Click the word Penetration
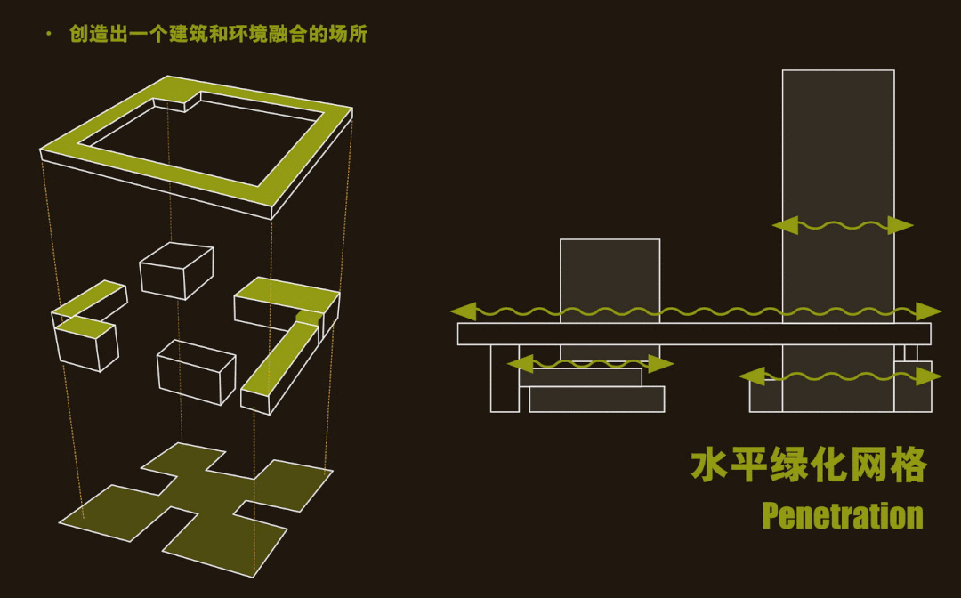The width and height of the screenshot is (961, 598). click(842, 516)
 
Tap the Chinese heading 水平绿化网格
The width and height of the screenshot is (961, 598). click(809, 465)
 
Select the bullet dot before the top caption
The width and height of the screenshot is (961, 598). click(48, 35)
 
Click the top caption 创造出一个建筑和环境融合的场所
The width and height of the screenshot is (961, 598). click(218, 35)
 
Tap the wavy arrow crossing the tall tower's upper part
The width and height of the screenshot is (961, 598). click(842, 225)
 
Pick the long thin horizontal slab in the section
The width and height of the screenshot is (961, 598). click(694, 334)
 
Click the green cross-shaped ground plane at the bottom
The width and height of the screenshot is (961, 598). click(196, 498)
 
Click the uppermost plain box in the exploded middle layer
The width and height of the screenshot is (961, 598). click(176, 269)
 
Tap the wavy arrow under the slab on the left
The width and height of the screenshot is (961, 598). click(590, 363)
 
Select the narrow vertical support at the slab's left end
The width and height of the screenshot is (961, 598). click(505, 378)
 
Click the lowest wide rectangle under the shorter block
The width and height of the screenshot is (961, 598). click(596, 399)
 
